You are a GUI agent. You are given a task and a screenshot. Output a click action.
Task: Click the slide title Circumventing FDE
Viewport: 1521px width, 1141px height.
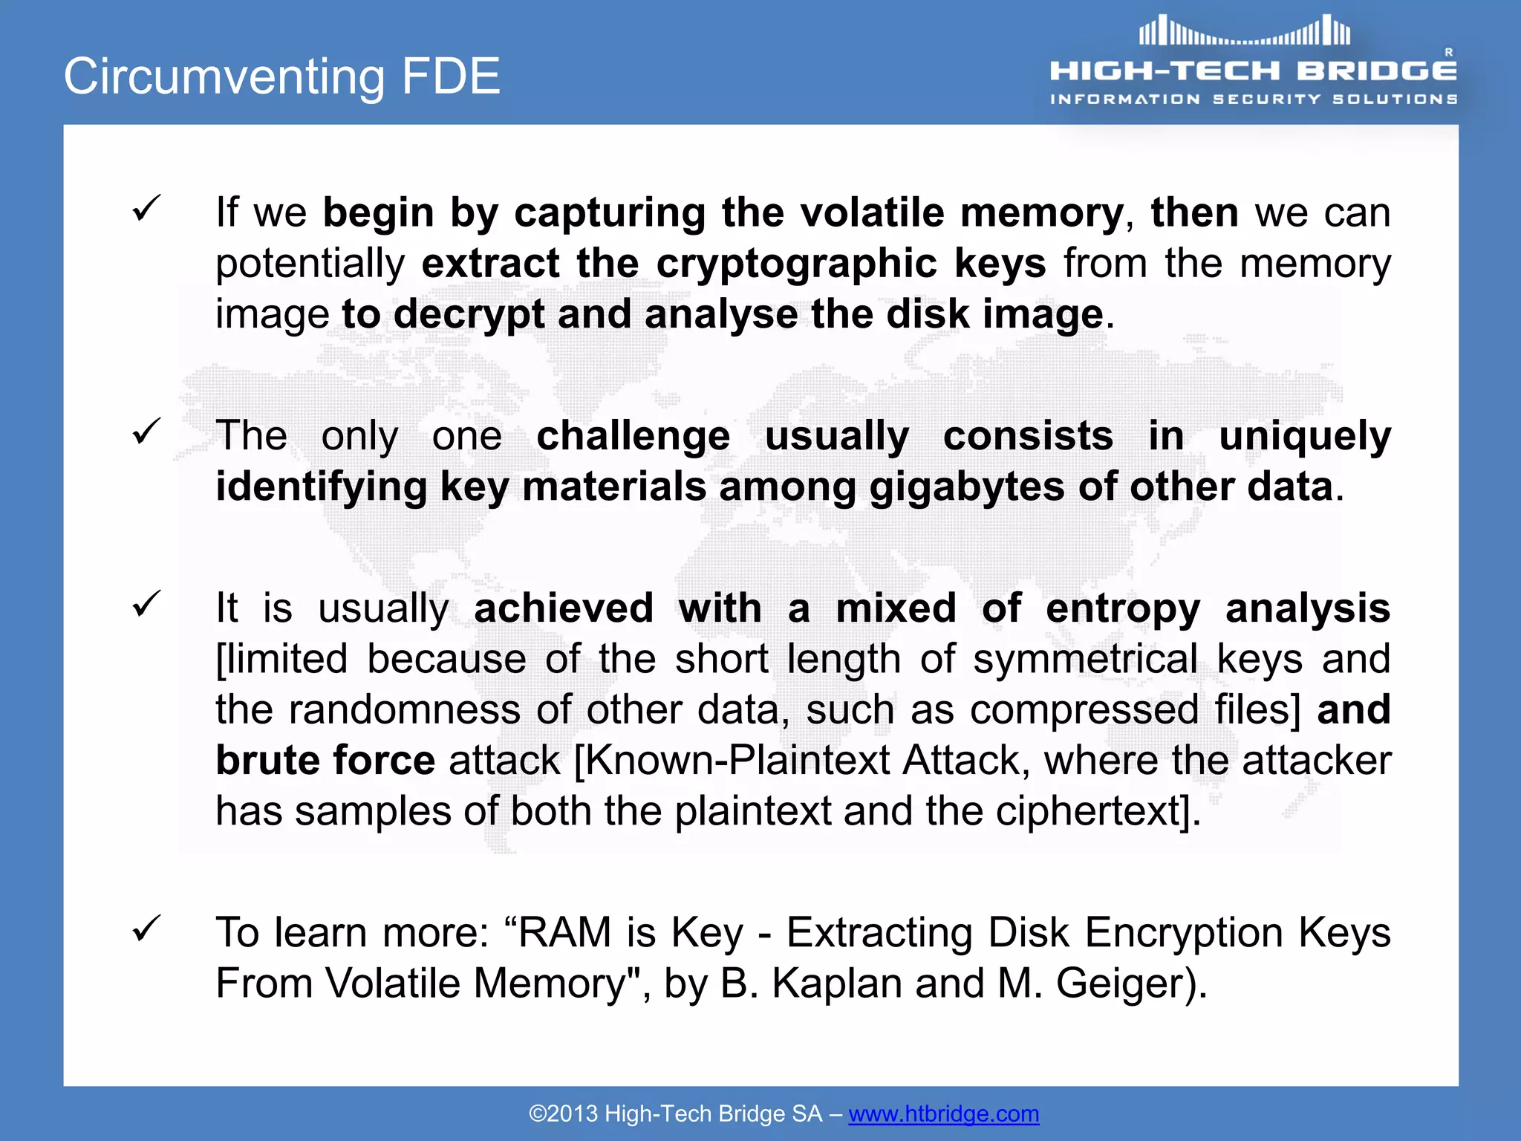coord(281,76)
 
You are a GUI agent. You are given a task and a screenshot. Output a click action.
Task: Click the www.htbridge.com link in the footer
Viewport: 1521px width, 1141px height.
coord(943,1114)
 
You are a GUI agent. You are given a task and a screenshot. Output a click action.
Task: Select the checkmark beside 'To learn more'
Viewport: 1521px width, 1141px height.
coord(146,928)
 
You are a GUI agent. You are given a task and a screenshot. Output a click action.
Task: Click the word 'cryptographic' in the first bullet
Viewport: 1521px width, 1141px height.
coord(796,264)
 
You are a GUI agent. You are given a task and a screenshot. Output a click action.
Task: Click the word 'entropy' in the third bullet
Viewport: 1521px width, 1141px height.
coord(1122,608)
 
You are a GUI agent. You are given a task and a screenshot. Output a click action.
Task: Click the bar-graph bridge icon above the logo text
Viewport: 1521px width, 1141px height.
coord(1245,32)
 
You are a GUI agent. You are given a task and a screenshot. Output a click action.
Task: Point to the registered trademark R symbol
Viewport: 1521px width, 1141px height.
coord(1448,52)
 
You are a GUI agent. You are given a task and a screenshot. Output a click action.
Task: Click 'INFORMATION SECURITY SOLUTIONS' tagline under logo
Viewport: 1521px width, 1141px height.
coord(1254,99)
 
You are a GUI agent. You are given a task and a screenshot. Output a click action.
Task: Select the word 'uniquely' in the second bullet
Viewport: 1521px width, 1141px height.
coord(1304,436)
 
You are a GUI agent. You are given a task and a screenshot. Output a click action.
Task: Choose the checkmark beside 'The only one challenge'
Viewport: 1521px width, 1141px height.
coord(146,432)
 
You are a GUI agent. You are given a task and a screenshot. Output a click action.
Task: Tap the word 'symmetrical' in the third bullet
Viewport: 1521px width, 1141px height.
coord(1085,660)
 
